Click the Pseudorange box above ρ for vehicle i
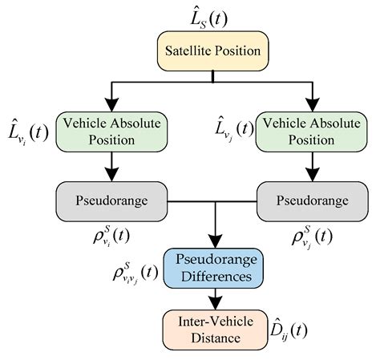click(110, 198)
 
